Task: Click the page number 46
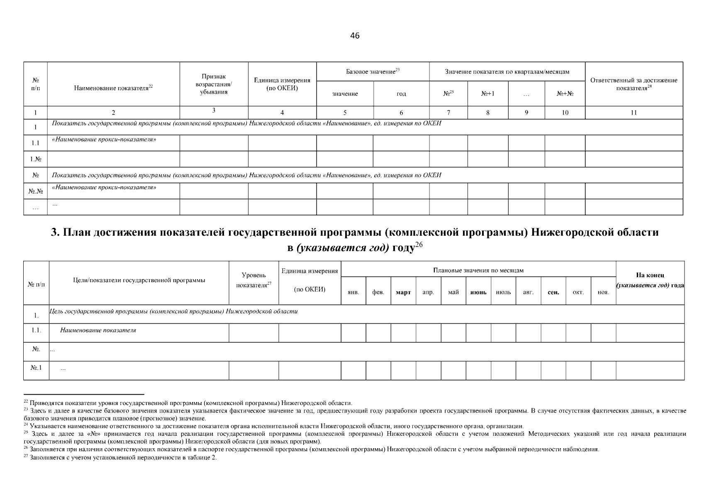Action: point(355,36)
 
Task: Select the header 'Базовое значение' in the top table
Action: point(372,72)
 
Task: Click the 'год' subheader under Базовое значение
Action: point(401,94)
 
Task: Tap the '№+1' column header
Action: point(487,94)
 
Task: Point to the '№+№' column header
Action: point(565,94)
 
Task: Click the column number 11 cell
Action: point(633,112)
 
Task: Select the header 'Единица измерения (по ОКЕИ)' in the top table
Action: point(282,84)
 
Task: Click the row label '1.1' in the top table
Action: point(35,143)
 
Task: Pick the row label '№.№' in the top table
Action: point(35,191)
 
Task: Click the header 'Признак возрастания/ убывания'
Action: point(214,84)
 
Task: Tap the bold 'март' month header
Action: point(403,293)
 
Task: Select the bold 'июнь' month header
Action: point(478,293)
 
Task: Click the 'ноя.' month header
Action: point(603,293)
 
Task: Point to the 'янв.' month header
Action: point(353,293)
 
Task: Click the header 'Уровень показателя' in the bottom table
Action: point(253,280)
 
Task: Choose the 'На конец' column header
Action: point(650,275)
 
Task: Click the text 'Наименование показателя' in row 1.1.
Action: point(98,330)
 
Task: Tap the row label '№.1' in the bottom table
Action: point(36,368)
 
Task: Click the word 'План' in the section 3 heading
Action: point(76,232)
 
